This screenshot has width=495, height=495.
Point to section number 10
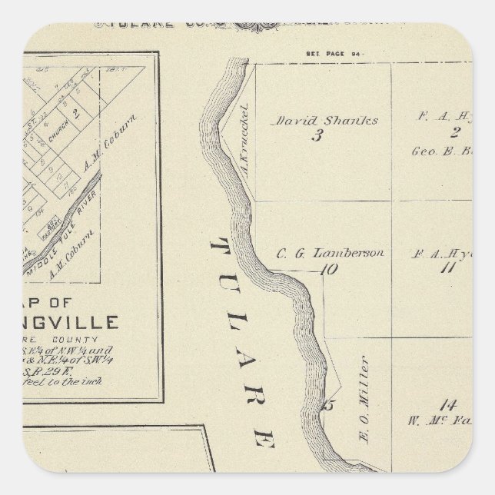[x=330, y=268]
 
